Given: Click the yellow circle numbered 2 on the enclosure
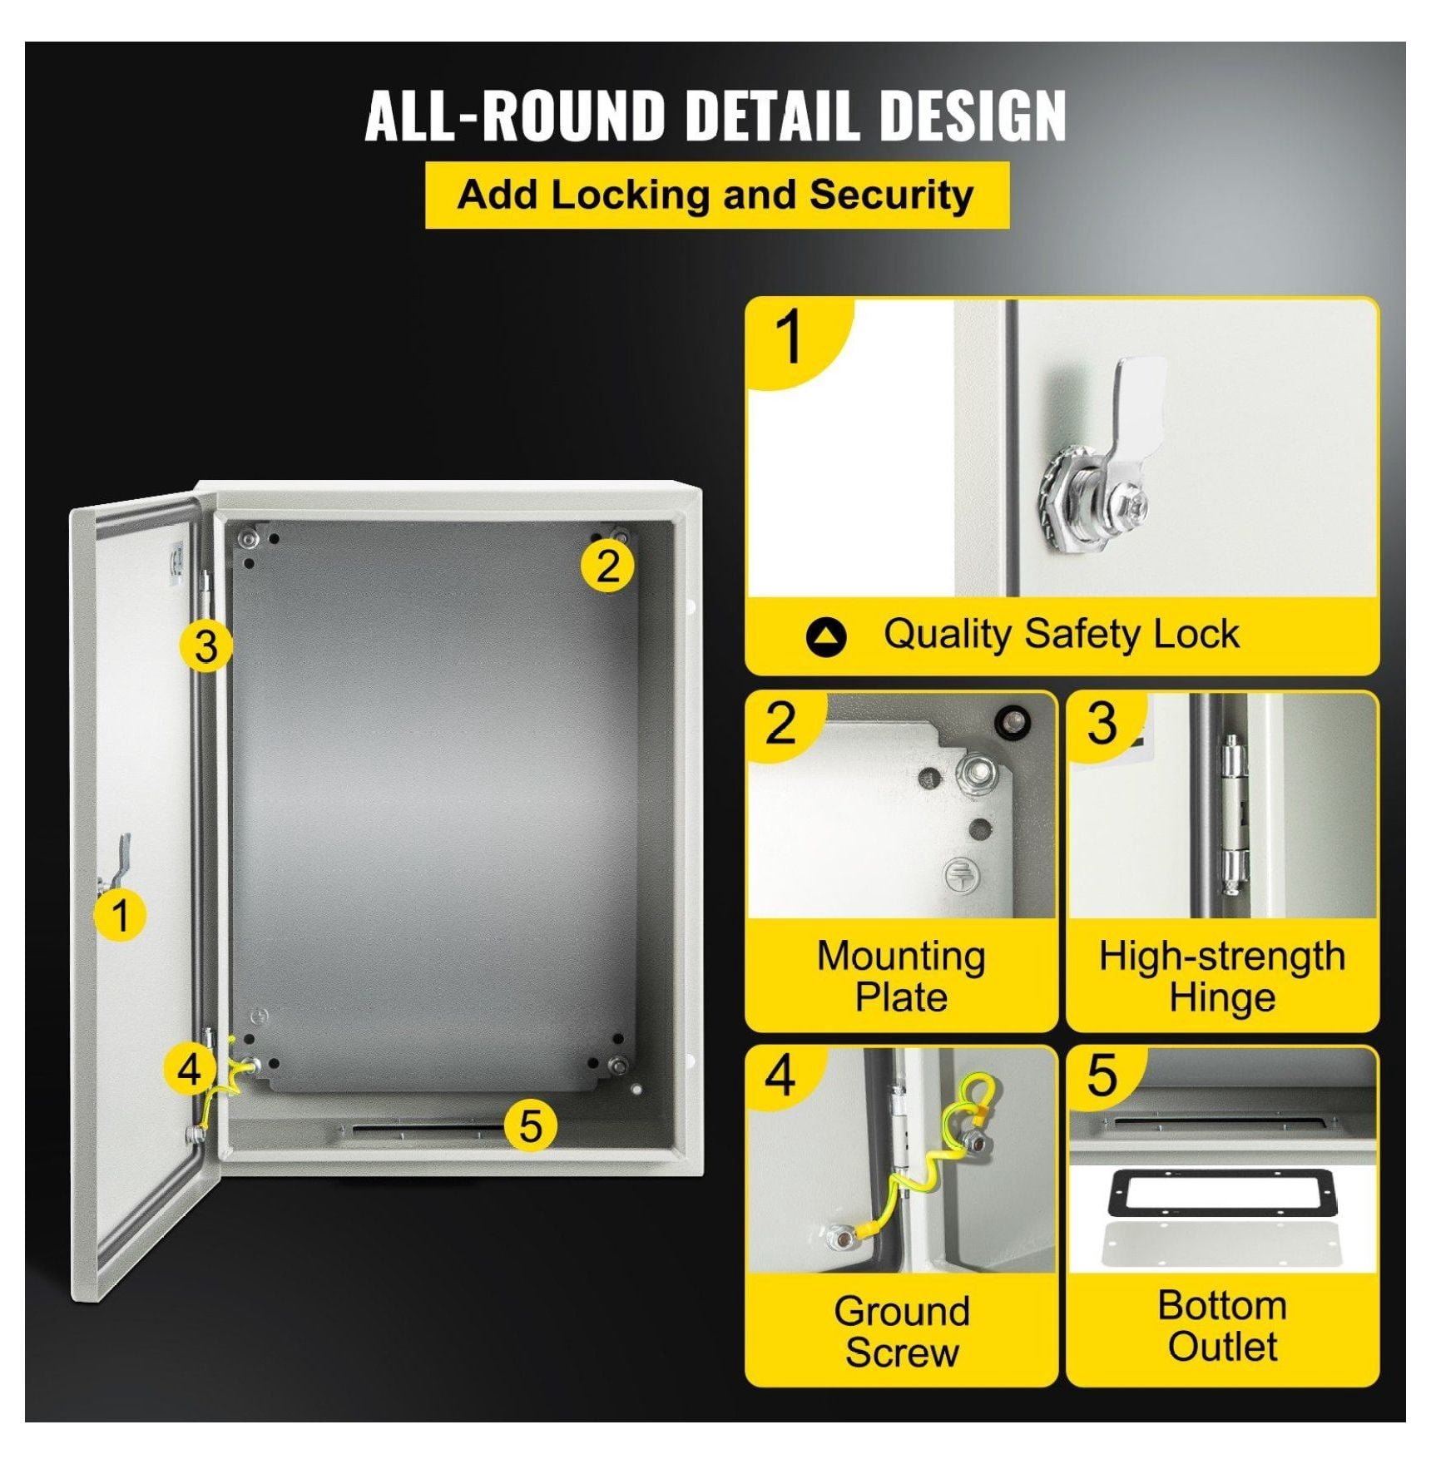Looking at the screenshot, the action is (608, 566).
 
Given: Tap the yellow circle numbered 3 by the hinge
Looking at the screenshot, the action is (205, 645).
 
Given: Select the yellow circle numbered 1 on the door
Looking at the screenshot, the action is (120, 915).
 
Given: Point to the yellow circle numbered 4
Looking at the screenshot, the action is (191, 1068).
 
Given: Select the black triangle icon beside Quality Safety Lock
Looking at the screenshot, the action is (825, 637).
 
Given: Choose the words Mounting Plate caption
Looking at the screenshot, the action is (901, 977).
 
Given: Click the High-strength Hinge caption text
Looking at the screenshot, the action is (1222, 977).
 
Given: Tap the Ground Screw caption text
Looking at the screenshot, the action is (902, 1331).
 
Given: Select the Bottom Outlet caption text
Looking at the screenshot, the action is (1222, 1326).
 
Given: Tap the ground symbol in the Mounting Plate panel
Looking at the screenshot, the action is (962, 875).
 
